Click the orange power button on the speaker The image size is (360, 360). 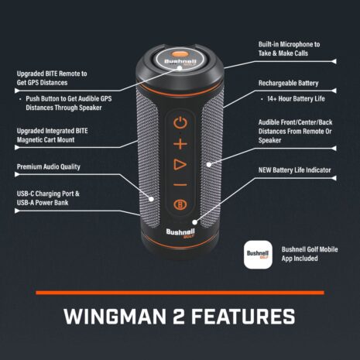coord(180,122)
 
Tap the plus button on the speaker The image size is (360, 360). coord(180,143)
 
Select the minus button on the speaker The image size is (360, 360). coord(180,184)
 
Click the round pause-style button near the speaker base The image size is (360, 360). coord(180,205)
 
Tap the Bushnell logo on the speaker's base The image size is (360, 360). coord(179,231)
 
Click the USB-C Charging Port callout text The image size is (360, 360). coord(48,197)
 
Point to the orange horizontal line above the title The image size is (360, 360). coord(180,293)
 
